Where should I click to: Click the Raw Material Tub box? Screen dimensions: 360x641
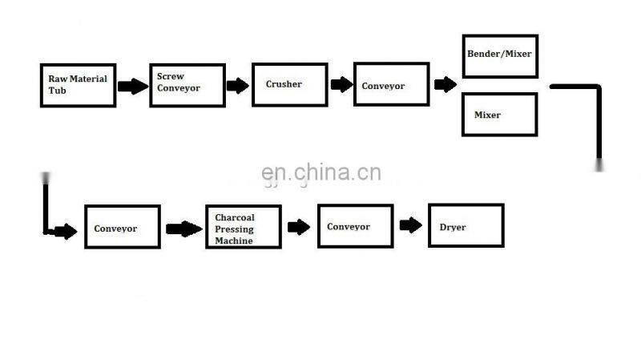pos(78,85)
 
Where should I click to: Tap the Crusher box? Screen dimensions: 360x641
pos(288,84)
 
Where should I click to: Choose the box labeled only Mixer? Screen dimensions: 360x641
pos(500,115)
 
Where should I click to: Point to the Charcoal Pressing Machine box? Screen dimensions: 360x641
pos(244,227)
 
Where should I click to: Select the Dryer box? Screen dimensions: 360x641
pos(466,225)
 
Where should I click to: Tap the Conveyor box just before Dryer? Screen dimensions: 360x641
pos(355,226)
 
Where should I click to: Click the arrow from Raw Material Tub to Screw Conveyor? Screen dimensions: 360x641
pos(133,85)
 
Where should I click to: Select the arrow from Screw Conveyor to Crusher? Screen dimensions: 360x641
pos(237,86)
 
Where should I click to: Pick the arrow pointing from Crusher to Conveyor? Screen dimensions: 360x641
pos(341,84)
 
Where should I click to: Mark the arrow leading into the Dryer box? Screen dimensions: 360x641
pos(411,225)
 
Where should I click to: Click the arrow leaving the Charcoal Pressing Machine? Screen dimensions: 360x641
pos(299,227)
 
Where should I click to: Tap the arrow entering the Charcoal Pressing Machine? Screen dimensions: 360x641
pos(184,229)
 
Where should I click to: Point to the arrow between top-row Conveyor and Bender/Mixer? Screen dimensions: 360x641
pos(445,84)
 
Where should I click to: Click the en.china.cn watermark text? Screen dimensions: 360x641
pos(321,173)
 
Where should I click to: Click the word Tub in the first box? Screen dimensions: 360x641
pos(54,91)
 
